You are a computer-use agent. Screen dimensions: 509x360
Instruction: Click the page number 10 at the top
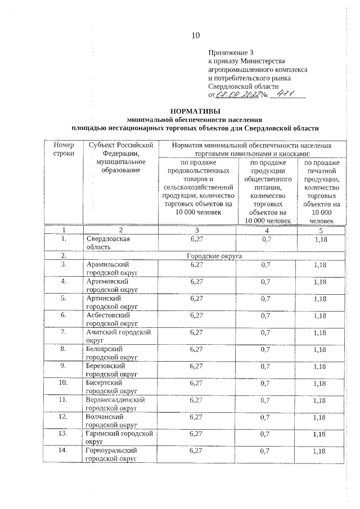195,35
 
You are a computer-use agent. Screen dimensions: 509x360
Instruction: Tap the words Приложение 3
227,52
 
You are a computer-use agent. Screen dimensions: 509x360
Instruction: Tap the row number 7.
64,332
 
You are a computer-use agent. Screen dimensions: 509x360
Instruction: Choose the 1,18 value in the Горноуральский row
319,451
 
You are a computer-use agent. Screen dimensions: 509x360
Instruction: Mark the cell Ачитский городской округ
119,336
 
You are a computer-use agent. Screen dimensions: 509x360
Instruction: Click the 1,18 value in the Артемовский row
319,281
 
